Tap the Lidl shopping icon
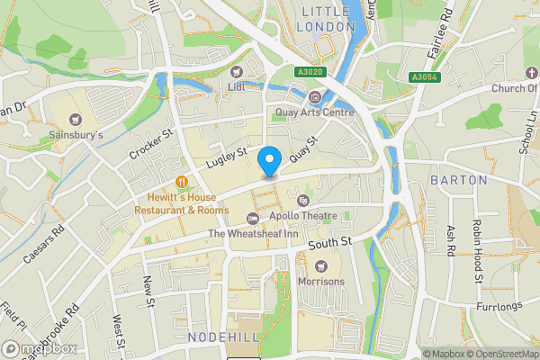238,71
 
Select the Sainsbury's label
76,135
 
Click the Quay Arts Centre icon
313,97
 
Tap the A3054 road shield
425,77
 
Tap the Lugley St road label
225,157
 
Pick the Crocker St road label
150,147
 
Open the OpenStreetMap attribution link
498,354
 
